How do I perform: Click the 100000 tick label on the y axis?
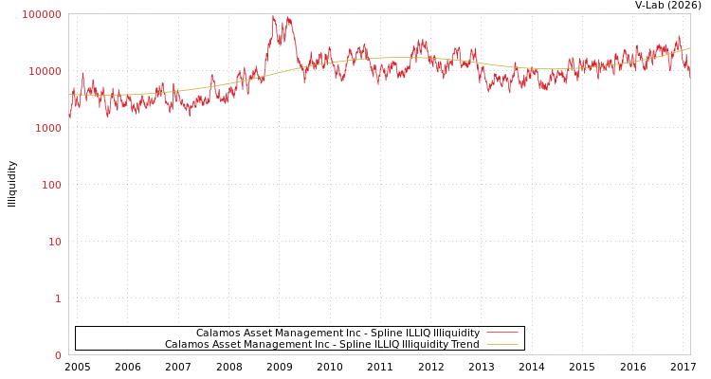tap(42, 14)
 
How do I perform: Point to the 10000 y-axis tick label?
tap(45, 71)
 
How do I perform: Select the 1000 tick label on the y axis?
tap(47, 128)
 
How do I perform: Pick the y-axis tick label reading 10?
tap(54, 242)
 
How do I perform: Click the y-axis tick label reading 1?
tap(58, 298)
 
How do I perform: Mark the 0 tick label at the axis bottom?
tap(58, 355)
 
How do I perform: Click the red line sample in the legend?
tap(502, 333)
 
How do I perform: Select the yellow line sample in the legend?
tap(502, 344)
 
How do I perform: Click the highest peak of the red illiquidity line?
tap(274, 16)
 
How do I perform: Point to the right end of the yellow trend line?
tap(689, 47)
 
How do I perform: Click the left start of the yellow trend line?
tap(69, 95)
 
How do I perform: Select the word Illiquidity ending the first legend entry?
tap(456, 333)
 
